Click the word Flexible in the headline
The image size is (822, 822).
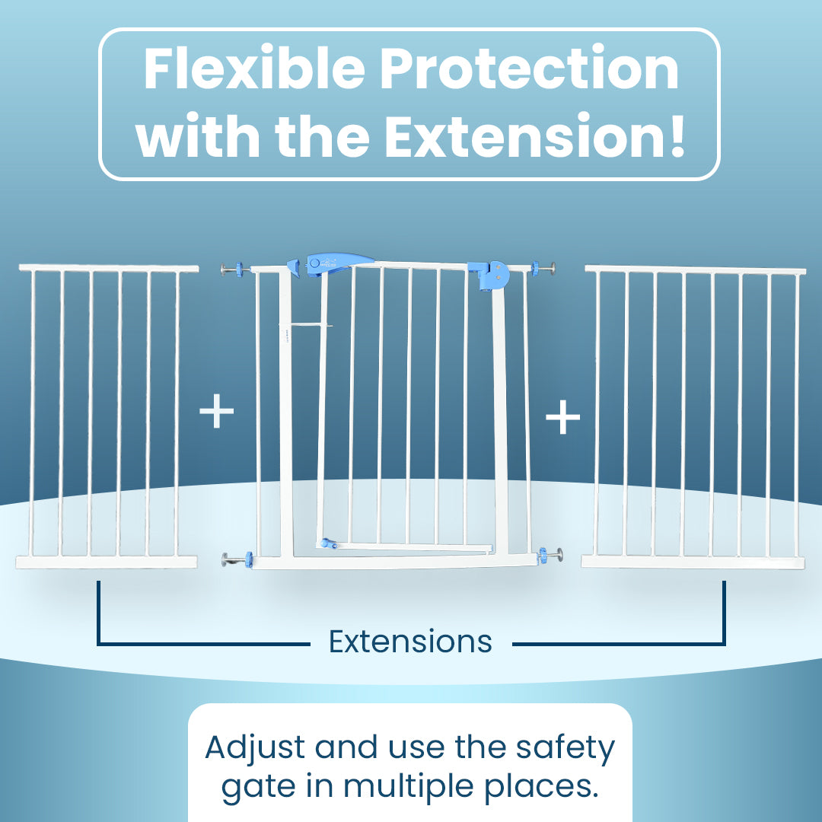click(x=254, y=68)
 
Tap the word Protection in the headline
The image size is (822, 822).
click(x=530, y=68)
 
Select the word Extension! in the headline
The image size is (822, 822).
click(x=535, y=135)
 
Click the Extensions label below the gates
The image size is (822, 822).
click(x=410, y=641)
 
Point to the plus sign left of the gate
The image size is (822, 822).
click(x=216, y=411)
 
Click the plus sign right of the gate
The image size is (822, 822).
click(x=563, y=417)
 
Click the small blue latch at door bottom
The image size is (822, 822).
click(x=329, y=543)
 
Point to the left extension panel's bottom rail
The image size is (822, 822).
click(x=107, y=562)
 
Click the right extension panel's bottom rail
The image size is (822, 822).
click(x=693, y=562)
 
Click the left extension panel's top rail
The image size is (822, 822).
click(x=109, y=269)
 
